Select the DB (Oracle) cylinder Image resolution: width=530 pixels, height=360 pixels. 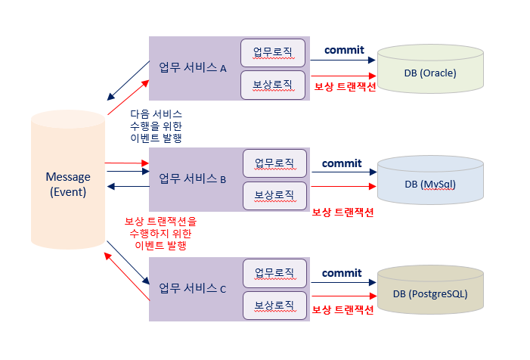point(430,72)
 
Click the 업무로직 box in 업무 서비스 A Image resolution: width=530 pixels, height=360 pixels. point(273,52)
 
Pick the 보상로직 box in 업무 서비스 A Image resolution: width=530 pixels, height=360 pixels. point(273,83)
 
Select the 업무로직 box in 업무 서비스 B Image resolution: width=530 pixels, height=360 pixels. point(274,163)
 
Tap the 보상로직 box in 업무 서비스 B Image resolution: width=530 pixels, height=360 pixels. point(274,195)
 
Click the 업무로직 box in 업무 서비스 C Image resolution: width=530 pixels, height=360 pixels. point(274,272)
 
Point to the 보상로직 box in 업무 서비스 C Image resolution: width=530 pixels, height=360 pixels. point(274,305)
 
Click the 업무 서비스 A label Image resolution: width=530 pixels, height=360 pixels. point(193,67)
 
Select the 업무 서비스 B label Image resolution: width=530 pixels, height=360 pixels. point(193,179)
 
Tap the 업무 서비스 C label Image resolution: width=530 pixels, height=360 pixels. point(193,288)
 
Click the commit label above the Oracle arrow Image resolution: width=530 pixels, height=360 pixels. point(344,50)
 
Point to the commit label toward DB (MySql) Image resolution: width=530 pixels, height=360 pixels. point(342,163)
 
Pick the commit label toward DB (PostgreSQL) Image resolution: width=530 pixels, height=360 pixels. point(342,272)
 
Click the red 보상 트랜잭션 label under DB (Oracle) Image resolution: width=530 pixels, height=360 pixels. point(345,85)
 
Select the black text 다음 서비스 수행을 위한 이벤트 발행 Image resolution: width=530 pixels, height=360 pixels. point(156,126)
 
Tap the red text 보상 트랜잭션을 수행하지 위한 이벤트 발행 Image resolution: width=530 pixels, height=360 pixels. point(160,233)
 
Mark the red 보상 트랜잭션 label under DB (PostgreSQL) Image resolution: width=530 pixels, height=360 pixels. point(342,310)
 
